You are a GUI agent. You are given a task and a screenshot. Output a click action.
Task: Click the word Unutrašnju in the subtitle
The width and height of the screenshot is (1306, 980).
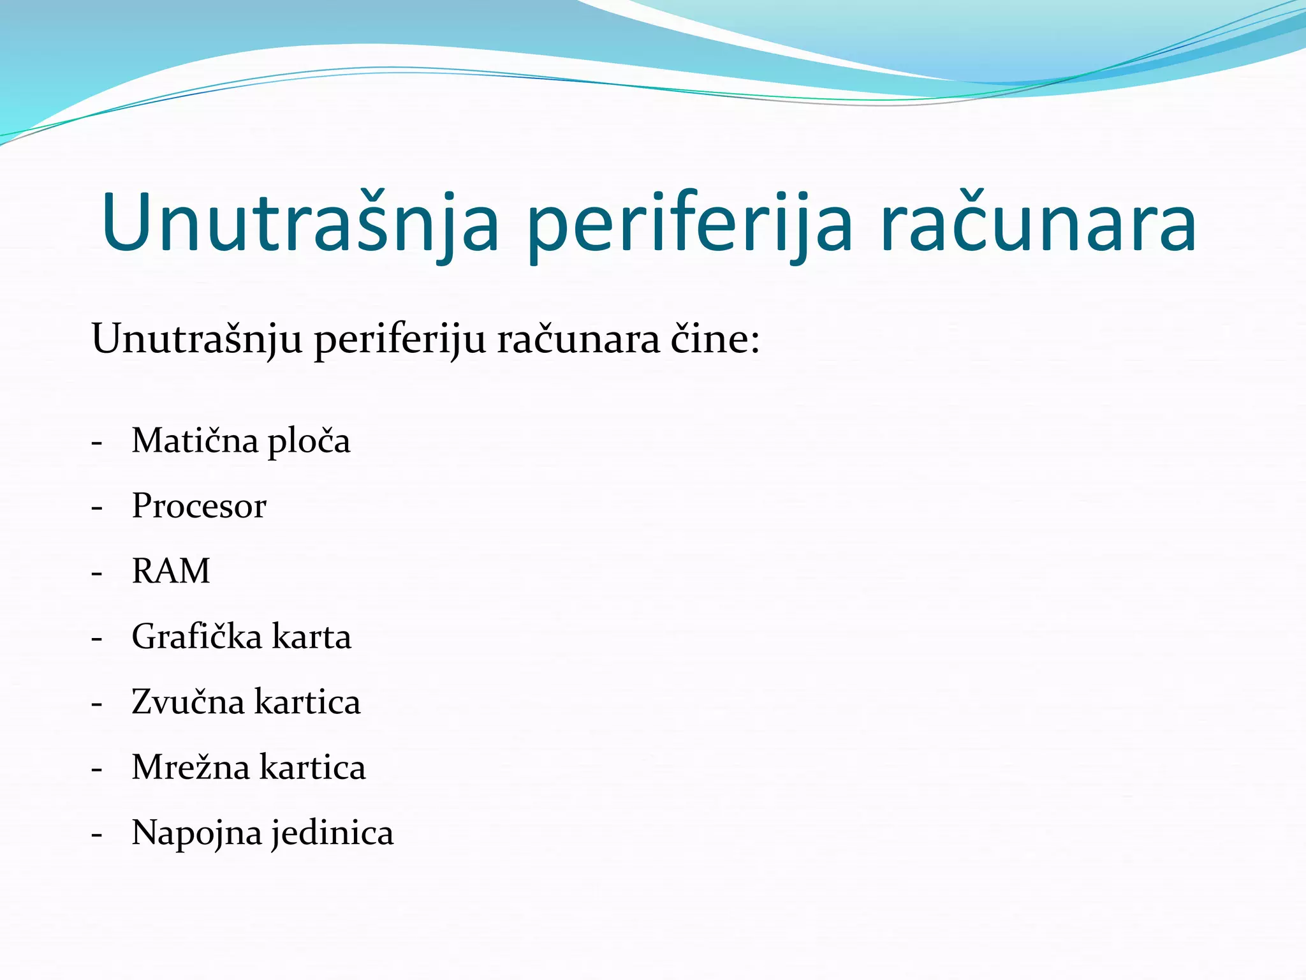click(196, 339)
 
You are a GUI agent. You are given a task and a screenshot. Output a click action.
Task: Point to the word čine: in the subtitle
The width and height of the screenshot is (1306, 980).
click(715, 339)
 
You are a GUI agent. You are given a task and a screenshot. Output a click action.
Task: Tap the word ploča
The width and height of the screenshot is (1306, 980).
click(309, 442)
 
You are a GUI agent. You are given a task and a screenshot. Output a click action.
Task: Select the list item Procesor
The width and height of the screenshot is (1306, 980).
click(199, 506)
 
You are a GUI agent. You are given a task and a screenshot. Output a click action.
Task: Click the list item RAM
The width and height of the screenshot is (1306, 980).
click(171, 571)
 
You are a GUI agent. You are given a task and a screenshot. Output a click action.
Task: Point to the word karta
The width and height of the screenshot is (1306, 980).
click(312, 637)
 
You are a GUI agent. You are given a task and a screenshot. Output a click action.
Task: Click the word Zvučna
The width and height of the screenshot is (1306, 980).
click(188, 702)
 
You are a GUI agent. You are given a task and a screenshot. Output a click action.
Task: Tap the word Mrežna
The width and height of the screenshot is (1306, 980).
click(190, 767)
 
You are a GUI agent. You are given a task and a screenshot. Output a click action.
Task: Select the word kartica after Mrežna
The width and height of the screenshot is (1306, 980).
click(312, 767)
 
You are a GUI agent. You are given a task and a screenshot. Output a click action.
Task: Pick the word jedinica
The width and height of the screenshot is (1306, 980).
click(333, 833)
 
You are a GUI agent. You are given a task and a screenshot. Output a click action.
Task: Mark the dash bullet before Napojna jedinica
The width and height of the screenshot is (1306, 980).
click(97, 835)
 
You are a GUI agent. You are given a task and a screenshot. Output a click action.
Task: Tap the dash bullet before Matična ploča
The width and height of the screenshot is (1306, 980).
click(97, 442)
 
